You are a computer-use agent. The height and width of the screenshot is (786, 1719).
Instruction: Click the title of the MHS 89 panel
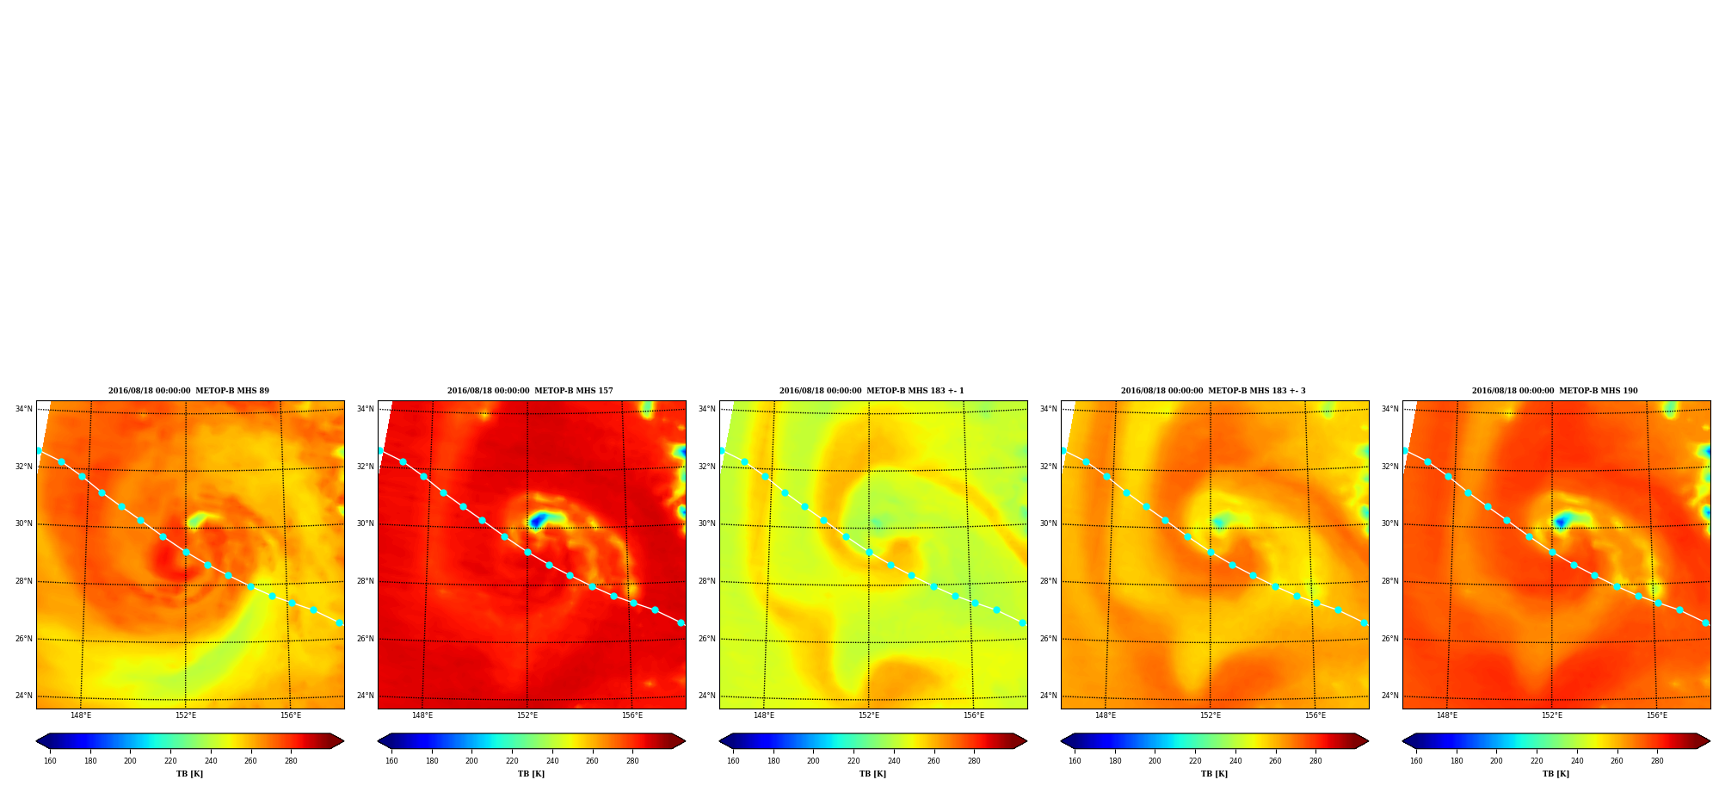click(x=188, y=391)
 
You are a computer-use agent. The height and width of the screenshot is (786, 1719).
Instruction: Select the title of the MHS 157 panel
click(x=530, y=391)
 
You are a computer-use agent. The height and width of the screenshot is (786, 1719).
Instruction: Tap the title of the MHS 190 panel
click(x=1555, y=391)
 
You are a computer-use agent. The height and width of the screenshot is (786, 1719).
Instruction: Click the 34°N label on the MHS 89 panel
click(x=24, y=409)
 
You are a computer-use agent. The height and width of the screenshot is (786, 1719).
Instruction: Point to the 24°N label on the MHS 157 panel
click(x=366, y=696)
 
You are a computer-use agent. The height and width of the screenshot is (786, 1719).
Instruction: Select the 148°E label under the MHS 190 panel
click(x=1447, y=715)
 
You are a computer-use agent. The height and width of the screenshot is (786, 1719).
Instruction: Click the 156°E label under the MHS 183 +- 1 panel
click(x=974, y=715)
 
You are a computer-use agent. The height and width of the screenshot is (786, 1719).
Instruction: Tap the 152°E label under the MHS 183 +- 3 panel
click(x=1211, y=715)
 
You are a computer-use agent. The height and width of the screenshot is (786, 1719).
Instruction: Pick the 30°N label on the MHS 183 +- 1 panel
click(x=707, y=523)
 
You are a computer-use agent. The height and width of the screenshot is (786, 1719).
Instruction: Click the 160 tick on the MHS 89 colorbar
click(x=50, y=761)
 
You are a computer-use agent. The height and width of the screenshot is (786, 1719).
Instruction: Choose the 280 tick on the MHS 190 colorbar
click(x=1657, y=761)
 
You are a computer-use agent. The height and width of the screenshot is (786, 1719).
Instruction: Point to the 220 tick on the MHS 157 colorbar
click(x=512, y=761)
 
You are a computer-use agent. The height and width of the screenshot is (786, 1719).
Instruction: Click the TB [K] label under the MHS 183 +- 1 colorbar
click(x=873, y=774)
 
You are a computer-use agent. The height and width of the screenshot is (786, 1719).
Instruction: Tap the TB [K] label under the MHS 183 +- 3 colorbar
click(x=1215, y=774)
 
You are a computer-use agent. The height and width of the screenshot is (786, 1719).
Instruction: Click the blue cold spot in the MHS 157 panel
click(x=538, y=520)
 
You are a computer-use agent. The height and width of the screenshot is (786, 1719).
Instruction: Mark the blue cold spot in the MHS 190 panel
click(x=1561, y=522)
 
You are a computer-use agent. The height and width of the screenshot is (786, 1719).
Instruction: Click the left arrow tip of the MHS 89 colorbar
click(x=36, y=741)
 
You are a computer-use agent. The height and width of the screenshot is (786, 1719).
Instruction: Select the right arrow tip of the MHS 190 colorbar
click(x=1710, y=741)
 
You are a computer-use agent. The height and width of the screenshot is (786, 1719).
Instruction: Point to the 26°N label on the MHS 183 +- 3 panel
click(x=1049, y=639)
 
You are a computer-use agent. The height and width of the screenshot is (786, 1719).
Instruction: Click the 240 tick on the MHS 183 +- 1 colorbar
click(x=894, y=761)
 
